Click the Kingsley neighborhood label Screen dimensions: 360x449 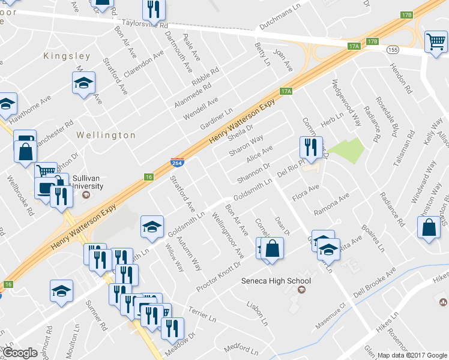click(x=67, y=56)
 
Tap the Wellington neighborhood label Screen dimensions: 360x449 click(x=106, y=136)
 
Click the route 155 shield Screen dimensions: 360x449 click(x=392, y=49)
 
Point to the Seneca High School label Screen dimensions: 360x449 click(x=276, y=281)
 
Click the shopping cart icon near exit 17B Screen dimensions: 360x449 click(x=435, y=41)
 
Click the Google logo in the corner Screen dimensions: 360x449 click(x=20, y=353)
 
